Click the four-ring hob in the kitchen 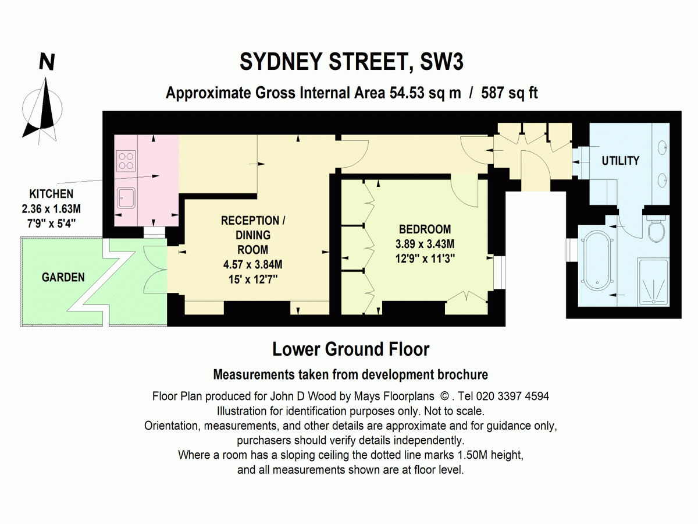[x=126, y=161]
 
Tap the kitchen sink [x=126, y=198]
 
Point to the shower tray [x=653, y=282]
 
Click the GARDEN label [x=63, y=278]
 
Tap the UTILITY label [x=621, y=161]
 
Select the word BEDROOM [x=425, y=229]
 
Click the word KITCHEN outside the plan [x=51, y=194]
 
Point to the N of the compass [x=47, y=62]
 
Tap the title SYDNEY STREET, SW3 [x=351, y=62]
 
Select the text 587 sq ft [x=509, y=93]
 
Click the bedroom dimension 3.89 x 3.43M [x=425, y=244]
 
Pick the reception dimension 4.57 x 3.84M [x=253, y=264]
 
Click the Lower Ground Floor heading [x=351, y=349]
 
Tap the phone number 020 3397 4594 [x=512, y=396]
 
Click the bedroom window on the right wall [x=499, y=272]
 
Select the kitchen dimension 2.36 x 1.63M [x=51, y=208]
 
